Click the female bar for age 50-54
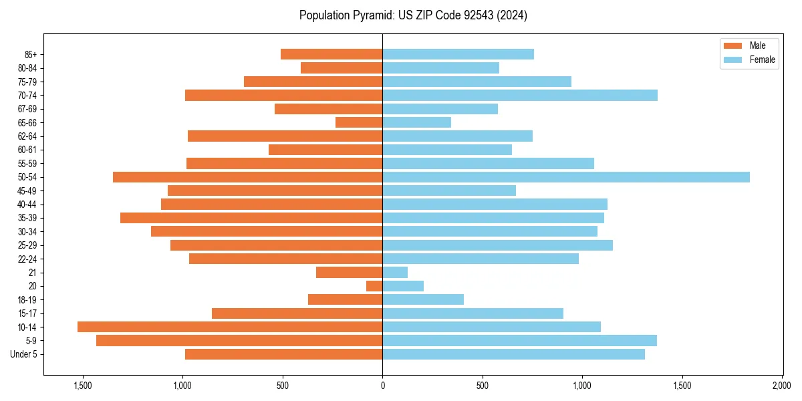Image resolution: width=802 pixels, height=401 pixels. pos(565,177)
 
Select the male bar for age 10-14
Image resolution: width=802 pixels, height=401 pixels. pos(230,327)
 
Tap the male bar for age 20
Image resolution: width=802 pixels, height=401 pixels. pos(374,286)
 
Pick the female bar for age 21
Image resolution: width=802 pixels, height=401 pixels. pos(395,273)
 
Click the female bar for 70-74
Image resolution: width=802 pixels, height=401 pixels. pos(520,96)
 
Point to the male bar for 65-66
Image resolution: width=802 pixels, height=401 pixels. pos(359,122)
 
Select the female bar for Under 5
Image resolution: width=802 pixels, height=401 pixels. pos(513,354)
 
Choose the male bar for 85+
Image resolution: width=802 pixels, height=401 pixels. pos(331,54)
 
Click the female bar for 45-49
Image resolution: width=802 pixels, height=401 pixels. pos(449,190)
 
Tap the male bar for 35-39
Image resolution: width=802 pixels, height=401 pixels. pos(251,218)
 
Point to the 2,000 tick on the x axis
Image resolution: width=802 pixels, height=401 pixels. pos(782,386)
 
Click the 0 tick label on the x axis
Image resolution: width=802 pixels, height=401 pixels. pos(382,386)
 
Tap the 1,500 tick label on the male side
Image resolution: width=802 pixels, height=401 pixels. pos(83,386)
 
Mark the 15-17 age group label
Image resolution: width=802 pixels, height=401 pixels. pos(27,313)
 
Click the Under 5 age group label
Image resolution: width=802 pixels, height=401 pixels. pos(24,354)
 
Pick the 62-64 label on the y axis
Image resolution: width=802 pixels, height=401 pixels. pos(27,136)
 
